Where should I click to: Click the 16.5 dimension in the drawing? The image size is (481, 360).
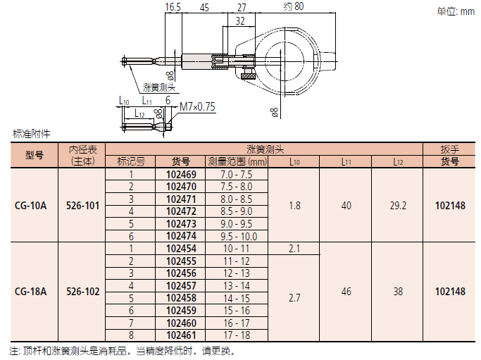click(173, 7)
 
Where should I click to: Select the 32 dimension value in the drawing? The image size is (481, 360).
click(240, 21)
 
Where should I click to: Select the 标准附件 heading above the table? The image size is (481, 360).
click(31, 133)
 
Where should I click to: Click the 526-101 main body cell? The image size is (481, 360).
click(82, 206)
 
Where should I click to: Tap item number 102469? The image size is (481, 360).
click(181, 174)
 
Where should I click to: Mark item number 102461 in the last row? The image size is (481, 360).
click(181, 335)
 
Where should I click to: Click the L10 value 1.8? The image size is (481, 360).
click(294, 206)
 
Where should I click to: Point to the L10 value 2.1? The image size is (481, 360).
click(294, 249)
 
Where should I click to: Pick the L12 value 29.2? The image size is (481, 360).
click(397, 206)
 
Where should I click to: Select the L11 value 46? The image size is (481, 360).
click(346, 291)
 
